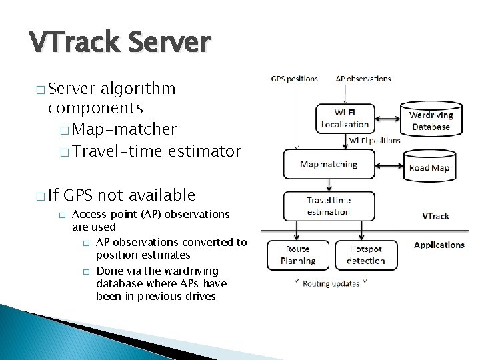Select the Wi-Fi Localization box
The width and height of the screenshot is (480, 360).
tap(345, 119)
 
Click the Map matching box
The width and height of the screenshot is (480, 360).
tap(329, 164)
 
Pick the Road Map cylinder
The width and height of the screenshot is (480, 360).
tap(429, 167)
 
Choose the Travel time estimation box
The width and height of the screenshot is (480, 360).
tap(329, 206)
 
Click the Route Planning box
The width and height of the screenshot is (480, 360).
tap(297, 254)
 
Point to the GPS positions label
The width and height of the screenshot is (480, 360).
tap(294, 79)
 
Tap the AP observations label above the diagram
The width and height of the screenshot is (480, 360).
tap(363, 79)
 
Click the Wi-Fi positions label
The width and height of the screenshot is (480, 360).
tap(375, 140)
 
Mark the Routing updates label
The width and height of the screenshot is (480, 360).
tap(331, 283)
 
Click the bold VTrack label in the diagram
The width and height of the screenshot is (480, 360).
tap(435, 216)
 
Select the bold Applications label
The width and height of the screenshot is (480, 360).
tap(439, 245)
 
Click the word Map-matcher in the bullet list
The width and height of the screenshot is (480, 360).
tap(125, 129)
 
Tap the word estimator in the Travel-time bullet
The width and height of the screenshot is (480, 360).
tap(204, 151)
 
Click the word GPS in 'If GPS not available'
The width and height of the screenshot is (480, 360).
tap(79, 195)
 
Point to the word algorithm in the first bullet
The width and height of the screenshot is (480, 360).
tap(139, 89)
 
